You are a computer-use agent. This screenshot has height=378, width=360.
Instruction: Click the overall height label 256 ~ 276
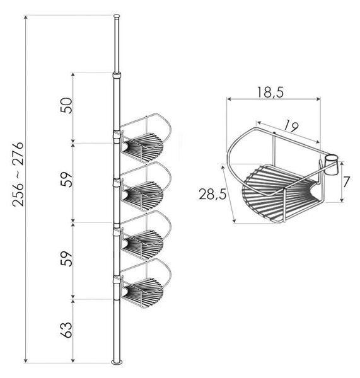pyautogui.click(x=18, y=174)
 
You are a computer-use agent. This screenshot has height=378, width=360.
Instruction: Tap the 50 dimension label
pyautogui.click(x=66, y=106)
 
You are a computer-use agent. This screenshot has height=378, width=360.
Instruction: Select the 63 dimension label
pyautogui.click(x=66, y=329)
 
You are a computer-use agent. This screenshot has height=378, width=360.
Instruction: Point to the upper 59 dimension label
pyautogui.click(x=66, y=180)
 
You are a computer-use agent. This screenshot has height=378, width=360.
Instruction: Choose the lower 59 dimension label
pyautogui.click(x=66, y=259)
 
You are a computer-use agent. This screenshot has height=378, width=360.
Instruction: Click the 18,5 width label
pyautogui.click(x=270, y=93)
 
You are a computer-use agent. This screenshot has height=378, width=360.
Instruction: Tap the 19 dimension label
pyautogui.click(x=291, y=127)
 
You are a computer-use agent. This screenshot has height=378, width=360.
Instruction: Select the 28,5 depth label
pyautogui.click(x=212, y=194)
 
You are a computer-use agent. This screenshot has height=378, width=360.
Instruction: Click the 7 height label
pyautogui.click(x=347, y=182)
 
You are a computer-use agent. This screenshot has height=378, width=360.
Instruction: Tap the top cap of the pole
pyautogui.click(x=117, y=16)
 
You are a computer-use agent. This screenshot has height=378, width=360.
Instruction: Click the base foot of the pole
pyautogui.click(x=117, y=362)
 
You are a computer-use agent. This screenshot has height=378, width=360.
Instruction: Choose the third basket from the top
pyautogui.click(x=146, y=235)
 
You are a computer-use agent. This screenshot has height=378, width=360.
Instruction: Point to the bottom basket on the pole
pyautogui.click(x=146, y=283)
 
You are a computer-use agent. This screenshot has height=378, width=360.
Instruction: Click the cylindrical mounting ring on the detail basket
pyautogui.click(x=331, y=165)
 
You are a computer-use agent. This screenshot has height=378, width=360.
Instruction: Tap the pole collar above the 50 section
pyautogui.click(x=117, y=75)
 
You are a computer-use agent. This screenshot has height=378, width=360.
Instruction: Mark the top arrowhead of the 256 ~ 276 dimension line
pyautogui.click(x=26, y=17)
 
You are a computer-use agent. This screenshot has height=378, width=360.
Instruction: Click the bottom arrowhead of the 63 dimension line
pyautogui.click(x=73, y=360)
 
